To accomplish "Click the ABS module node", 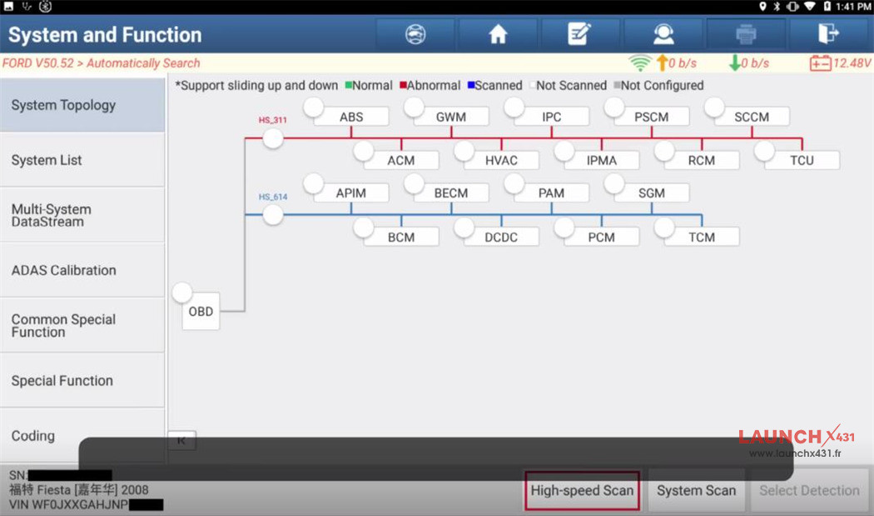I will tap(351, 118).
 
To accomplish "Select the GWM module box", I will tap(451, 118).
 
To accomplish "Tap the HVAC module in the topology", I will tap(501, 160).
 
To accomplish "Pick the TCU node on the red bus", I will tap(802, 160).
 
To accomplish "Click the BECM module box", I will tap(451, 193).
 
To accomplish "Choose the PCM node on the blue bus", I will tap(601, 238).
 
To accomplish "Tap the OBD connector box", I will tap(201, 312).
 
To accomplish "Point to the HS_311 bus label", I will tap(272, 120).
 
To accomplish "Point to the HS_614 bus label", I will tap(272, 198).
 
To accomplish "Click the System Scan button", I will tap(696, 491).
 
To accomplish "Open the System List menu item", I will tap(82, 160).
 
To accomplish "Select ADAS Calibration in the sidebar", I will tap(82, 270).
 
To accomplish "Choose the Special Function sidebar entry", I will tap(82, 381).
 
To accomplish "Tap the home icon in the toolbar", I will tap(498, 34).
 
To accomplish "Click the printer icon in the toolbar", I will tap(746, 34).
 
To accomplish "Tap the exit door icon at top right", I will tap(828, 34).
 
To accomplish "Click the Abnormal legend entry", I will tap(430, 86).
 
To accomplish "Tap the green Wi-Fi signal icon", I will tap(639, 63).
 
